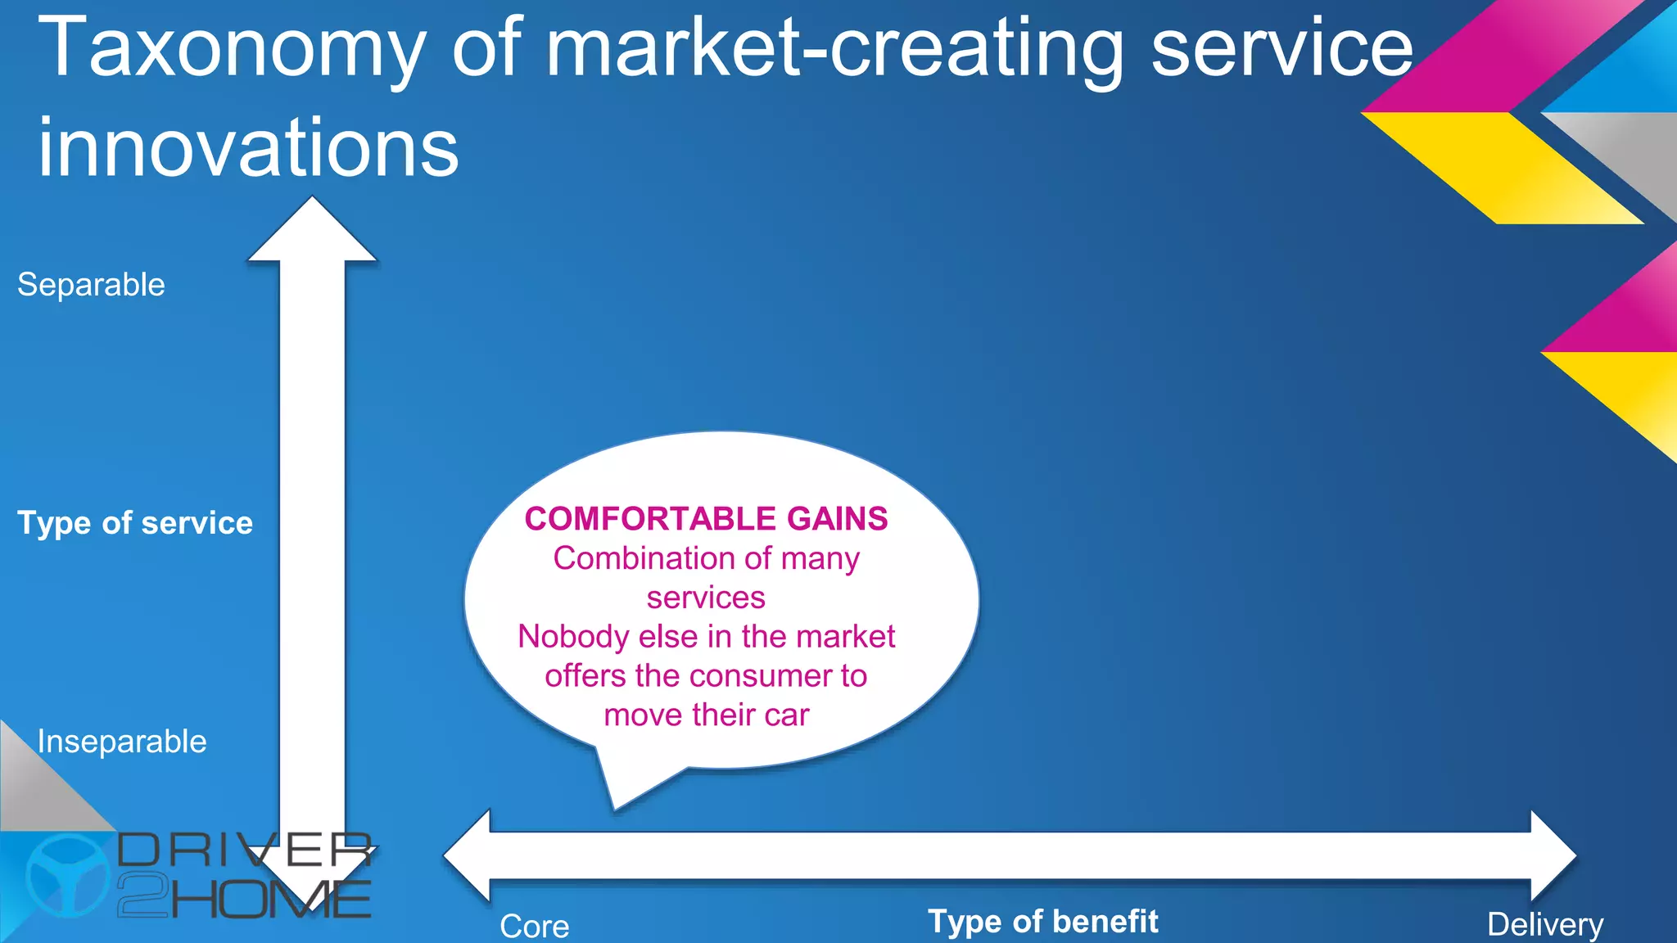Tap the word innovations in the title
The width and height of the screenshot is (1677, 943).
point(248,148)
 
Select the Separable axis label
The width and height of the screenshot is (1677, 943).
point(91,285)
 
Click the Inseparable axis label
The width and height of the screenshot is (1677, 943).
point(122,742)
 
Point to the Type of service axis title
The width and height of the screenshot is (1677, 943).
point(135,523)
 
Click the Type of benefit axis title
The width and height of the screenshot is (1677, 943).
point(1042,922)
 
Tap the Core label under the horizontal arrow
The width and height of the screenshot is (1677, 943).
point(535,926)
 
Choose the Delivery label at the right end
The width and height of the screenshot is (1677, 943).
point(1545,924)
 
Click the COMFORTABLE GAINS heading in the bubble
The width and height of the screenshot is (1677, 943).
point(706,519)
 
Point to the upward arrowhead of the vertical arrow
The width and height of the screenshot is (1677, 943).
point(312,233)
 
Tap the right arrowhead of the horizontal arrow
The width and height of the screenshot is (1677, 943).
point(1551,855)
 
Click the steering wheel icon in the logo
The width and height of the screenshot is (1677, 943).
point(67,875)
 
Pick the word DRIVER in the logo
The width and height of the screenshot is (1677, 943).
point(245,851)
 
